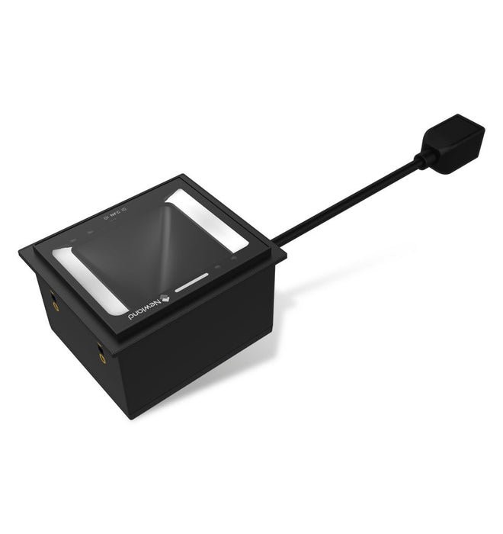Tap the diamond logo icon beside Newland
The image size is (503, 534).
coord(162,296)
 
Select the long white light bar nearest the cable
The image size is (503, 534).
coord(207,219)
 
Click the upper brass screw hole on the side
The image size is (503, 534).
coord(55,304)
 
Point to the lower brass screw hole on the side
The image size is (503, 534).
coord(102,351)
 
